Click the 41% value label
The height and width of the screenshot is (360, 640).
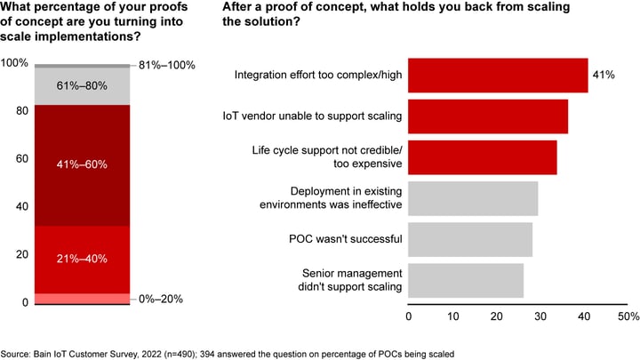click(604, 76)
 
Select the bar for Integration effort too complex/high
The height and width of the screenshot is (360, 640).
click(498, 76)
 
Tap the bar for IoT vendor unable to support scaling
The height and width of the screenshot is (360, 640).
click(488, 116)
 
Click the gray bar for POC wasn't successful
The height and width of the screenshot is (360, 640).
click(470, 239)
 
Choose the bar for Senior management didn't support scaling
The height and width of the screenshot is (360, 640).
click(466, 280)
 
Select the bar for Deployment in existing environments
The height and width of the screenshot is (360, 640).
click(473, 198)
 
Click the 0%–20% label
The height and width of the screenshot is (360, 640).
click(162, 299)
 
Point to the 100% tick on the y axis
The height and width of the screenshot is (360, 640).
click(15, 64)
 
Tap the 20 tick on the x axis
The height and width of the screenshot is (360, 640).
click(496, 316)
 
